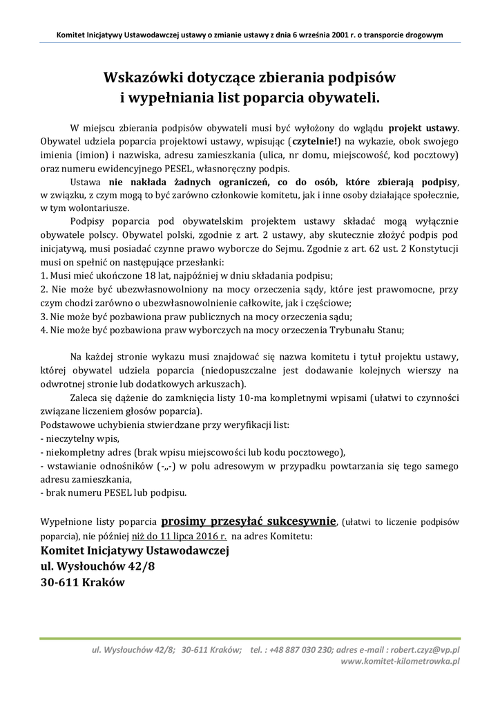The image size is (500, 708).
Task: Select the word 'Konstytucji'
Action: point(432,248)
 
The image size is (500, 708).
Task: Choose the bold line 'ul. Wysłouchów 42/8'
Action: point(98,566)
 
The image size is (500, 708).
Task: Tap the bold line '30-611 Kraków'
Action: point(82,582)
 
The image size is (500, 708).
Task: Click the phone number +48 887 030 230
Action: point(305,649)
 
